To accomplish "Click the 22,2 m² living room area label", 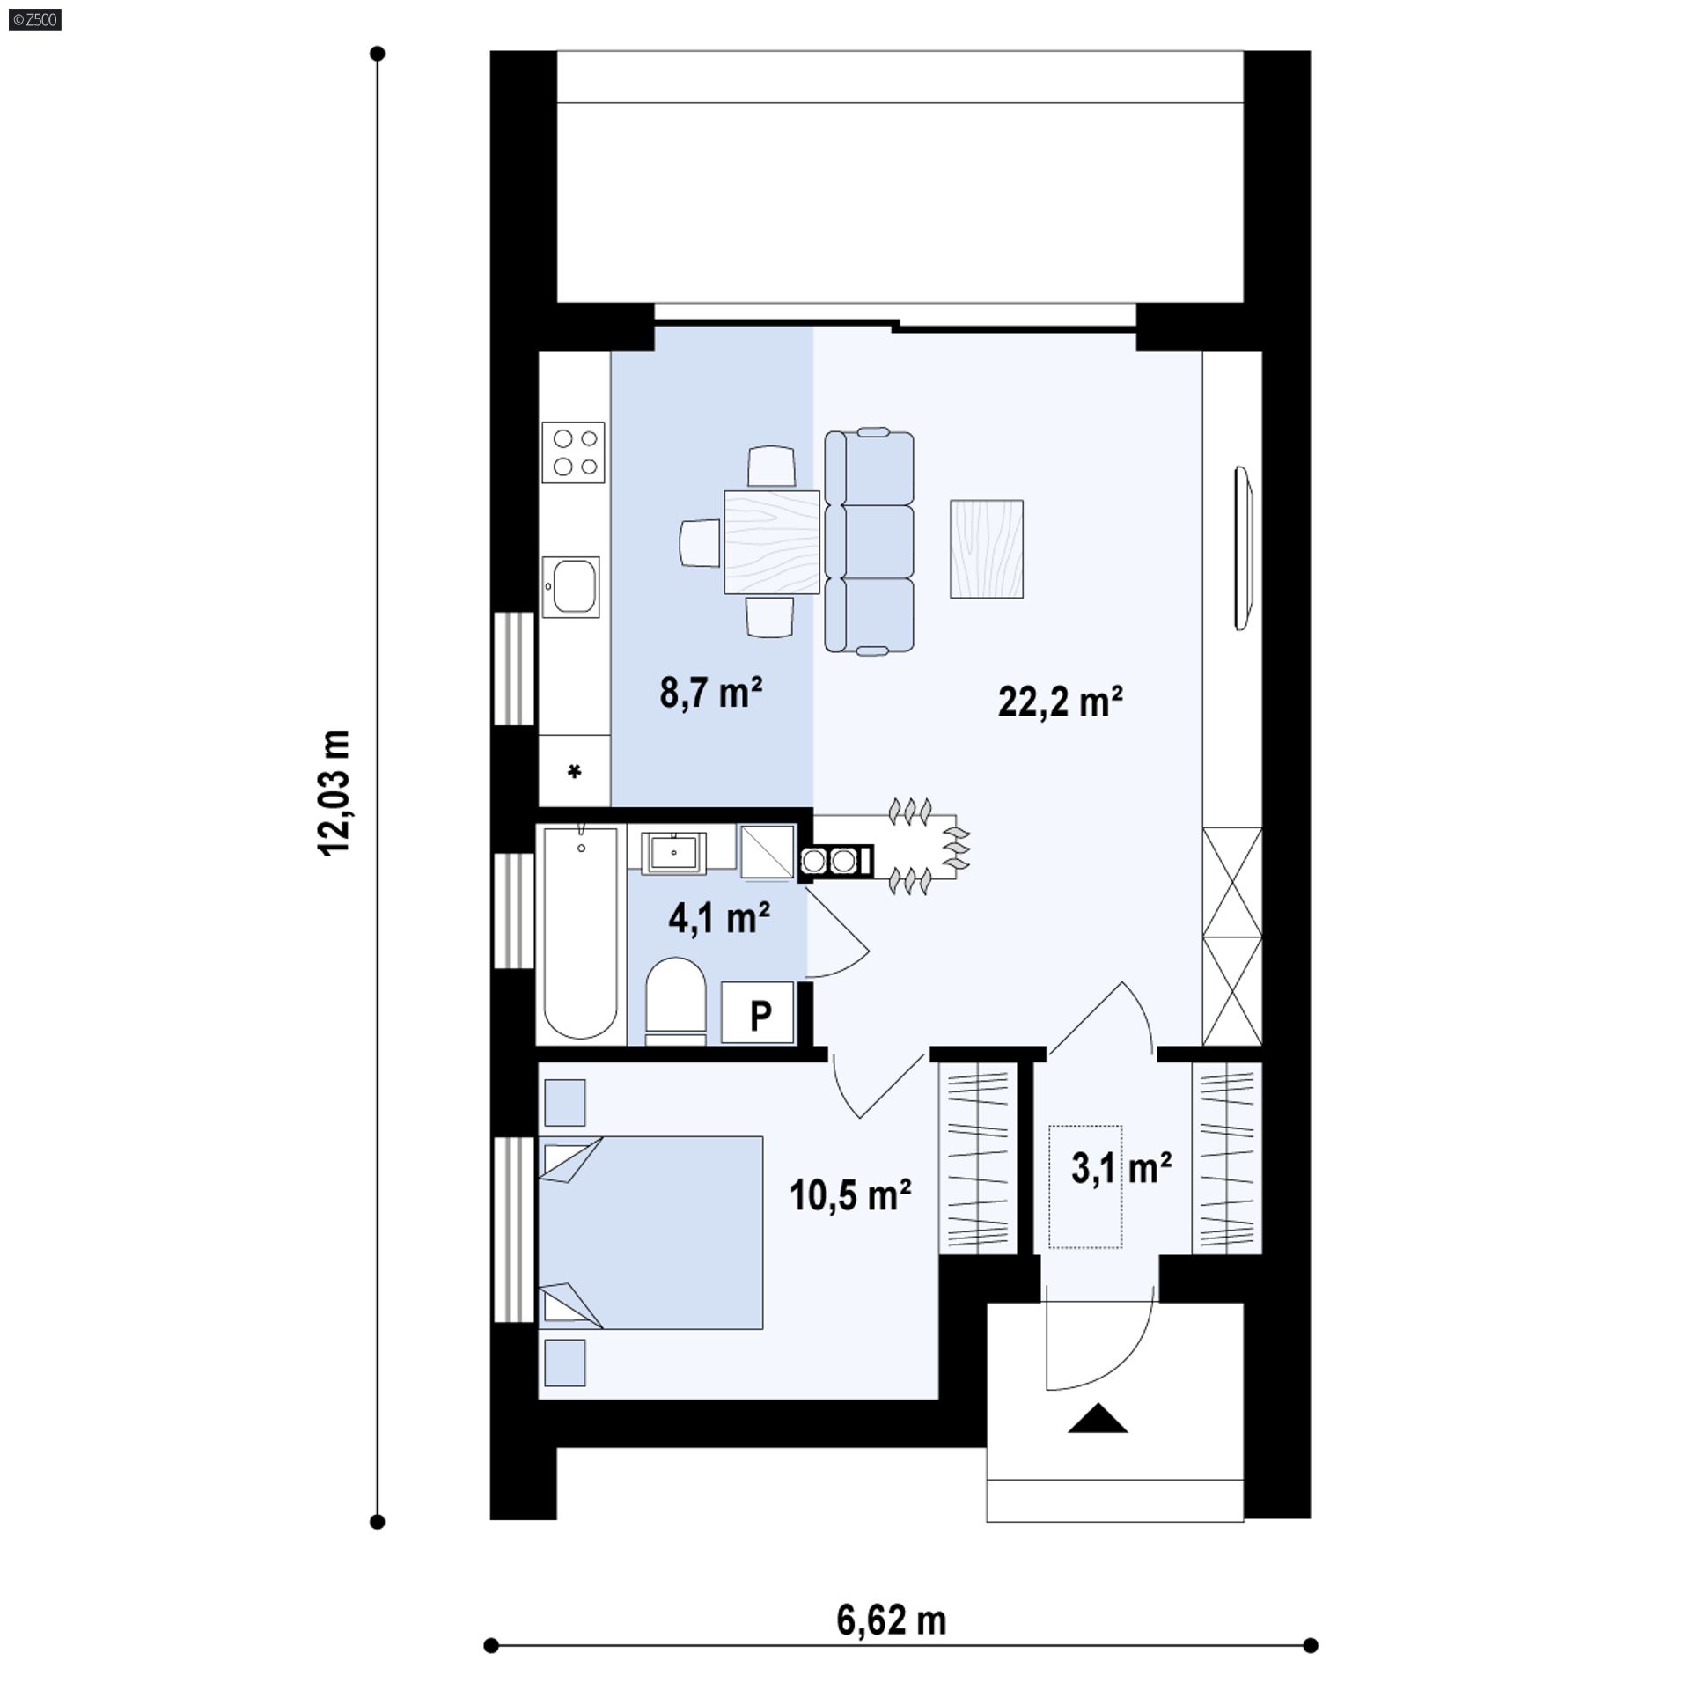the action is click(x=1060, y=702).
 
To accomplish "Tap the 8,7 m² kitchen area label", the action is click(x=710, y=693).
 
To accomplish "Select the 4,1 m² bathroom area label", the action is click(x=719, y=918).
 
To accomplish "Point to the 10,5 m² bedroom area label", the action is click(x=849, y=1195).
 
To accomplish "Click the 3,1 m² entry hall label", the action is click(x=1121, y=1168).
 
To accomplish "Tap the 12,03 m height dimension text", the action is click(x=335, y=791).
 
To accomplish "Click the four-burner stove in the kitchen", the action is click(x=574, y=452).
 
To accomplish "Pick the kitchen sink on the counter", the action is click(x=570, y=585).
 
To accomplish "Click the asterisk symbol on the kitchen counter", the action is click(x=575, y=772).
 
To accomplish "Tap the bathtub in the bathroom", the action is click(x=580, y=934).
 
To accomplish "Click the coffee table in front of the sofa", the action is click(x=987, y=548).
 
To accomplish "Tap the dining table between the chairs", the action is click(x=772, y=541).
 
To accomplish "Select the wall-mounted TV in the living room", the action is click(x=1243, y=547).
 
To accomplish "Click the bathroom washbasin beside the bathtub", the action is click(x=674, y=853).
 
